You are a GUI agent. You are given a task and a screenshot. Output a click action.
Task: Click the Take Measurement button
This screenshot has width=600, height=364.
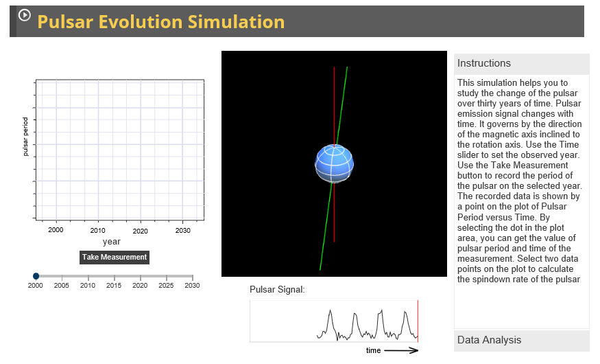point(115,257)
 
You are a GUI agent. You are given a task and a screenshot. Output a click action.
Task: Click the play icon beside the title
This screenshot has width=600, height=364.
point(25,14)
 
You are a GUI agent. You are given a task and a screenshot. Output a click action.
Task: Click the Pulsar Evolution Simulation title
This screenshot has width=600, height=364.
point(160,22)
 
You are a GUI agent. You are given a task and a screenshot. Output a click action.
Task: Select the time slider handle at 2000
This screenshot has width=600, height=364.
point(36,276)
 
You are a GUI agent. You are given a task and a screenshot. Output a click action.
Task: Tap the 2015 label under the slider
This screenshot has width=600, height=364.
point(114,286)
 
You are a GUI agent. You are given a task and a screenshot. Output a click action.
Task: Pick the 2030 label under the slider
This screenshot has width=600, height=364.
point(192,286)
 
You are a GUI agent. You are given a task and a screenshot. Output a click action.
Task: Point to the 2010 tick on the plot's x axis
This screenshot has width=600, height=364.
point(97,231)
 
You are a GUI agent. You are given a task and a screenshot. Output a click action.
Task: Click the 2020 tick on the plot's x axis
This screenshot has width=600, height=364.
point(141,231)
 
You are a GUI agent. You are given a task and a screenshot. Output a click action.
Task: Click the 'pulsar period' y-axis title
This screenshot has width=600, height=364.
point(25,137)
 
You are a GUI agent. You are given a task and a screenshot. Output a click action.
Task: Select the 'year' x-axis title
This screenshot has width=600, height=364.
point(112,242)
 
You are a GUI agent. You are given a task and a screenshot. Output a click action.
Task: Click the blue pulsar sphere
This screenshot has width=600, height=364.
point(335,163)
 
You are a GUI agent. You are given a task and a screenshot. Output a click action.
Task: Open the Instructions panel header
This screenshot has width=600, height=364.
point(521,64)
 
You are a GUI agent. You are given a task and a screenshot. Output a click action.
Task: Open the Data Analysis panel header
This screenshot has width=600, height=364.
point(521,340)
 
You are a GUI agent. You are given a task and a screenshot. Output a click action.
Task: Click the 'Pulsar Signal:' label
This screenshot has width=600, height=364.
point(277,290)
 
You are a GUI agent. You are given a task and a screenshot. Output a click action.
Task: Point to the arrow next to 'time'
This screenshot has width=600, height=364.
point(401,350)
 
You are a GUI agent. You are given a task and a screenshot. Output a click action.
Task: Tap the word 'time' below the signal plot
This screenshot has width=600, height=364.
point(373,350)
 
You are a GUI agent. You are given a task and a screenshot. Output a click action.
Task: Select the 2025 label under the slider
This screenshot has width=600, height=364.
point(166,286)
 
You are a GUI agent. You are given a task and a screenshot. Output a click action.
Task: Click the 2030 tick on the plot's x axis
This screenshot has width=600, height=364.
point(183,231)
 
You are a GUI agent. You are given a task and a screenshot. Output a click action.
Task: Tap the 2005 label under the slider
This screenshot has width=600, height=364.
point(62,286)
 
